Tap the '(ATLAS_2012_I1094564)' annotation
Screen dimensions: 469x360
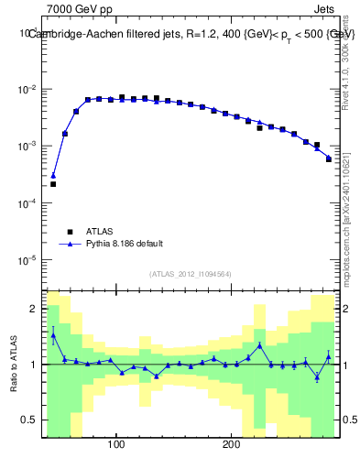[x=190, y=274]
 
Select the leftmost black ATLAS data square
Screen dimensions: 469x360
[x=53, y=184]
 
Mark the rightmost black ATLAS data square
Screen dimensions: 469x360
[x=329, y=158]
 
